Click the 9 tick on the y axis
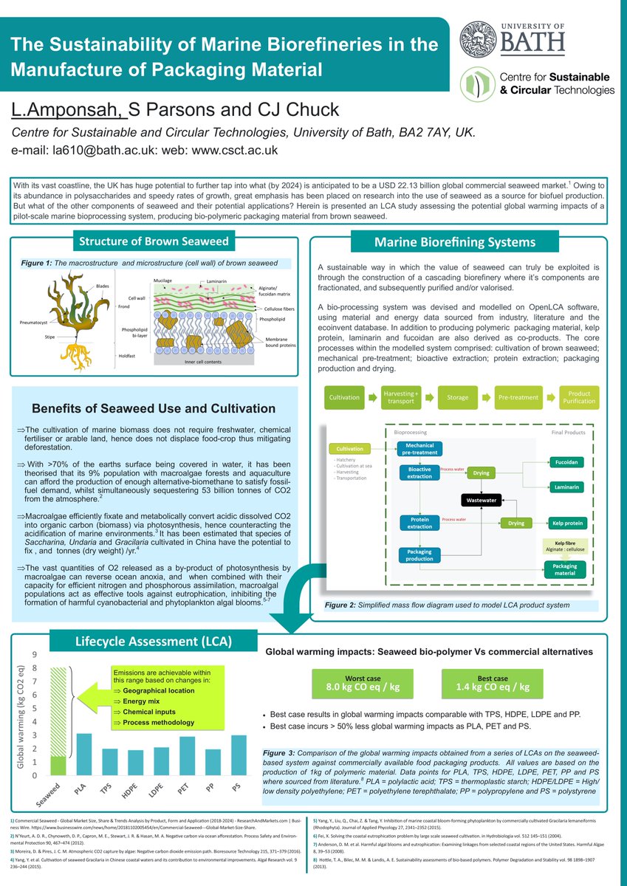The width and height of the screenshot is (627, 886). (x=33, y=654)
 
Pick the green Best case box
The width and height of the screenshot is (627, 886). (x=493, y=682)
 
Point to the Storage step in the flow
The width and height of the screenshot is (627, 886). (x=457, y=397)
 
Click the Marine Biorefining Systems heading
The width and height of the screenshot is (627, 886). (x=455, y=241)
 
